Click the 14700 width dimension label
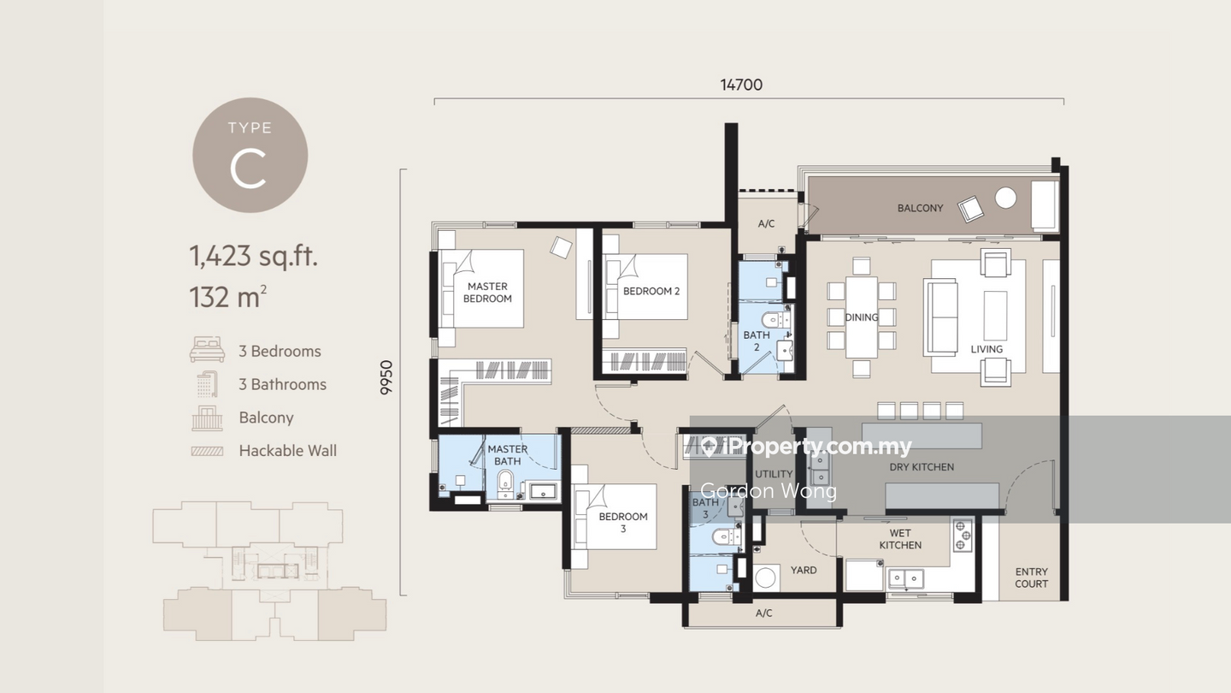point(741,85)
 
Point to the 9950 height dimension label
point(387,377)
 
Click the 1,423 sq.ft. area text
point(253,256)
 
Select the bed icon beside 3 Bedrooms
point(207,350)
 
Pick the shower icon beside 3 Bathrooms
point(208,384)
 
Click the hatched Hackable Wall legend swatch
point(207,451)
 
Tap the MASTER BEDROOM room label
point(487,292)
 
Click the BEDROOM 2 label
point(651,291)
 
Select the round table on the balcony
point(1005,198)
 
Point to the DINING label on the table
point(862,317)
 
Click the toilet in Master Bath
point(505,483)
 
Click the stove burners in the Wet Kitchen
point(961,536)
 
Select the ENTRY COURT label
point(1032,577)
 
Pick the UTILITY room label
point(774,474)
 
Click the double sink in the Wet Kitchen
point(905,578)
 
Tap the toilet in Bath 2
point(773,320)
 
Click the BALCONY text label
point(920,208)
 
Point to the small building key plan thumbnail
point(269,571)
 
